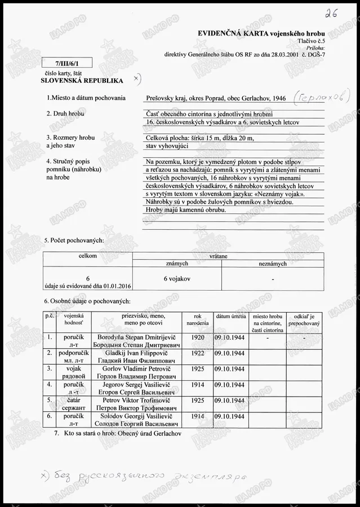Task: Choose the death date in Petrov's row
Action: pos(229,400)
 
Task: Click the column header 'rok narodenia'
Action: pos(197,319)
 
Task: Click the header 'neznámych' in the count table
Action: pos(273,264)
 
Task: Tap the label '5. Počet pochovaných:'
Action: pos(74,241)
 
